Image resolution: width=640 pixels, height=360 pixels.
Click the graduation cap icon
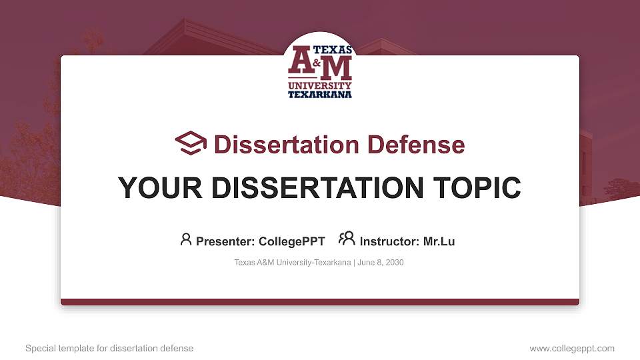click(x=191, y=143)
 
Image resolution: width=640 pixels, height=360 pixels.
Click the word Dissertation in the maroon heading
click(x=287, y=145)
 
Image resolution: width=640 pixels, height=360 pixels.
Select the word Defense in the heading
click(x=416, y=145)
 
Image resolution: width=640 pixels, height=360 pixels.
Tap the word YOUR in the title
click(x=160, y=188)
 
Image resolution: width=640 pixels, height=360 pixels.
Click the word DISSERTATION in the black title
click(x=317, y=188)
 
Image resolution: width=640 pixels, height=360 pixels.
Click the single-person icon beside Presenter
click(x=186, y=239)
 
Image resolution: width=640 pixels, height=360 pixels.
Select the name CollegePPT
click(x=292, y=241)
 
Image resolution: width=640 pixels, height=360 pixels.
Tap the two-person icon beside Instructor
click(x=347, y=239)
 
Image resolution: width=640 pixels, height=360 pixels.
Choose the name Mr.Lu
click(x=439, y=241)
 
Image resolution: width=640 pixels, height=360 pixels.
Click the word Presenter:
click(x=225, y=241)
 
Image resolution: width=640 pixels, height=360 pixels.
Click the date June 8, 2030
click(x=381, y=262)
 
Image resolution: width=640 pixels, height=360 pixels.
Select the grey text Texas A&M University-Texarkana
click(x=292, y=262)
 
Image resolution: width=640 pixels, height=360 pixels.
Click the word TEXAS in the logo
click(x=332, y=50)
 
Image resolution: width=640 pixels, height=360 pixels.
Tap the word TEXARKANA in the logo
click(x=319, y=94)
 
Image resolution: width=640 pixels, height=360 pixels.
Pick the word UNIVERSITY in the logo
click(x=319, y=85)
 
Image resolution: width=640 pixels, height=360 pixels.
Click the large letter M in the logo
click(x=335, y=68)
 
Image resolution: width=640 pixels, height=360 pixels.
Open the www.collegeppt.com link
click(x=572, y=348)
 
